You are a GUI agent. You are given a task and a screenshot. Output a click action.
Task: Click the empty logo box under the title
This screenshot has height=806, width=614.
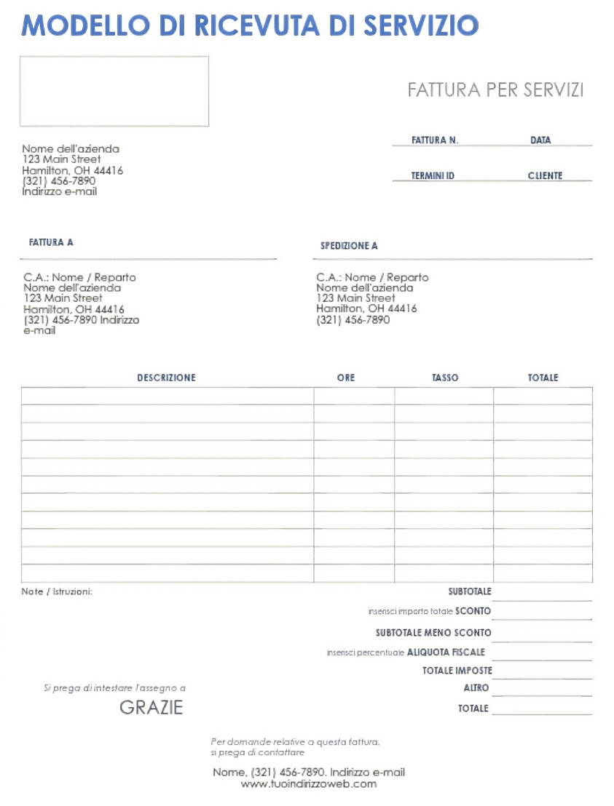114,92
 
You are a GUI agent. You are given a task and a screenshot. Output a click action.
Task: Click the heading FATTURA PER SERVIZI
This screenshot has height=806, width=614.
495,90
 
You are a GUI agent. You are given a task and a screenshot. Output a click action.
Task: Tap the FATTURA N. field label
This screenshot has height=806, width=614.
435,140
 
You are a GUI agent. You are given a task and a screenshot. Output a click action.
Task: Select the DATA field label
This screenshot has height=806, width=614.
540,140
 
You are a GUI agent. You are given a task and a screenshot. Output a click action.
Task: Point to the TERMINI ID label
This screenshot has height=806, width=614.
433,176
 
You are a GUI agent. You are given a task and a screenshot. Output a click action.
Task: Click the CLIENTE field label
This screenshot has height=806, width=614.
545,176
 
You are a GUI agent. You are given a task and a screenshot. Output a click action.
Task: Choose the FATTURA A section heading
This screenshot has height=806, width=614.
51,242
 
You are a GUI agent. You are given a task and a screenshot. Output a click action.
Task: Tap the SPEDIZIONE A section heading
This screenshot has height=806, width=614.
349,246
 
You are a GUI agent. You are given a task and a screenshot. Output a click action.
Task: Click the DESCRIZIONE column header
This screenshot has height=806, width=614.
166,378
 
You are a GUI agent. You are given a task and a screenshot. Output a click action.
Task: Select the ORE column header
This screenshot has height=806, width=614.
346,378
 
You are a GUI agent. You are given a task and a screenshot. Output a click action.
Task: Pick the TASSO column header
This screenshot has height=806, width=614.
445,378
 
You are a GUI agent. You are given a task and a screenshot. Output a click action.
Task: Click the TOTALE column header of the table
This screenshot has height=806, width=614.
543,378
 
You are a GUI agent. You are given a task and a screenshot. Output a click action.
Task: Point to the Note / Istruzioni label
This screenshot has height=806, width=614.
57,592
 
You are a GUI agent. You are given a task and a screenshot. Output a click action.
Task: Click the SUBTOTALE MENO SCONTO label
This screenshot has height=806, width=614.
433,633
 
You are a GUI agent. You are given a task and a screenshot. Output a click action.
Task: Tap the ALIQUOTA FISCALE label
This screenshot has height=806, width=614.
446,653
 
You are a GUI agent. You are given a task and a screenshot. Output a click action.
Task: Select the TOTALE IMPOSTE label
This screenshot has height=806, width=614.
457,671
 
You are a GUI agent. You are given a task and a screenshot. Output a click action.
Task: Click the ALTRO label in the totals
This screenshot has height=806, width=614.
476,688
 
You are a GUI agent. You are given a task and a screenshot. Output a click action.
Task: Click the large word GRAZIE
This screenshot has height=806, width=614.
151,708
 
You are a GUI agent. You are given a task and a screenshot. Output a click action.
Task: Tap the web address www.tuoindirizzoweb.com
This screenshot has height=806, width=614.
309,784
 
